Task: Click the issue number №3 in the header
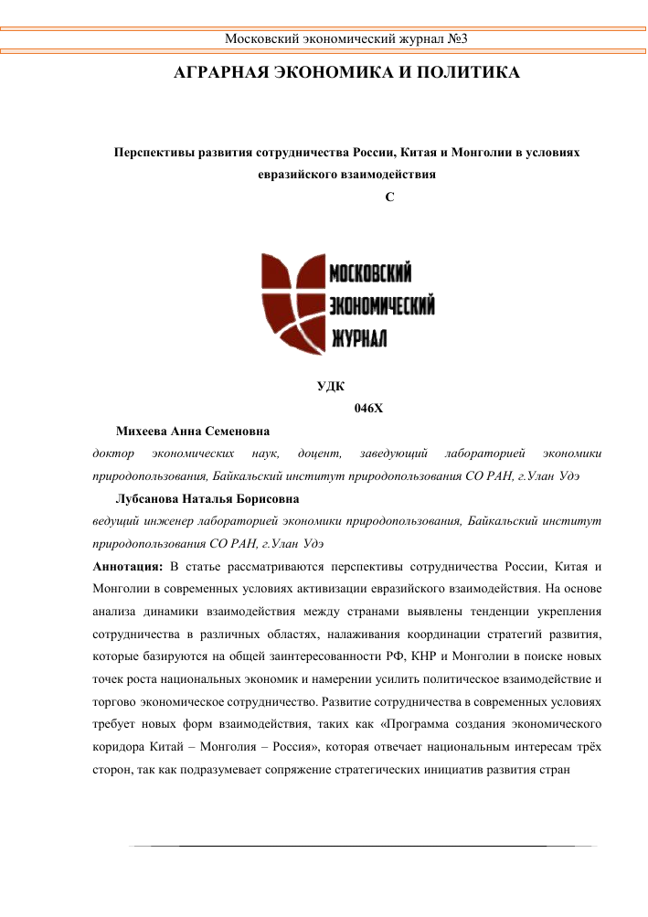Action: point(457,38)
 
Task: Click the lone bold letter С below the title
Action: point(390,197)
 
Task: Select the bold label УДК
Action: point(330,387)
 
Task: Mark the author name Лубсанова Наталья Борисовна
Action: point(207,499)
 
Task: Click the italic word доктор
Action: point(113,453)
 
